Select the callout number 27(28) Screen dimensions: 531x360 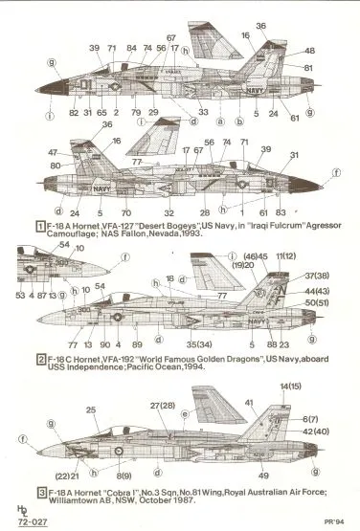pos(160,406)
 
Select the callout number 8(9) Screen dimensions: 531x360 pos(124,476)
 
